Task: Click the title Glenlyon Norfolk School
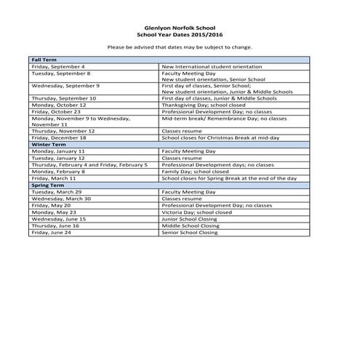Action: (179, 28)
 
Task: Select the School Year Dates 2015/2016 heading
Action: (179, 34)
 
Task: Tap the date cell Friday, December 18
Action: (60, 137)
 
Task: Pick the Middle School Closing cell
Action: (191, 225)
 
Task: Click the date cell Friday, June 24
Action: (52, 232)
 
